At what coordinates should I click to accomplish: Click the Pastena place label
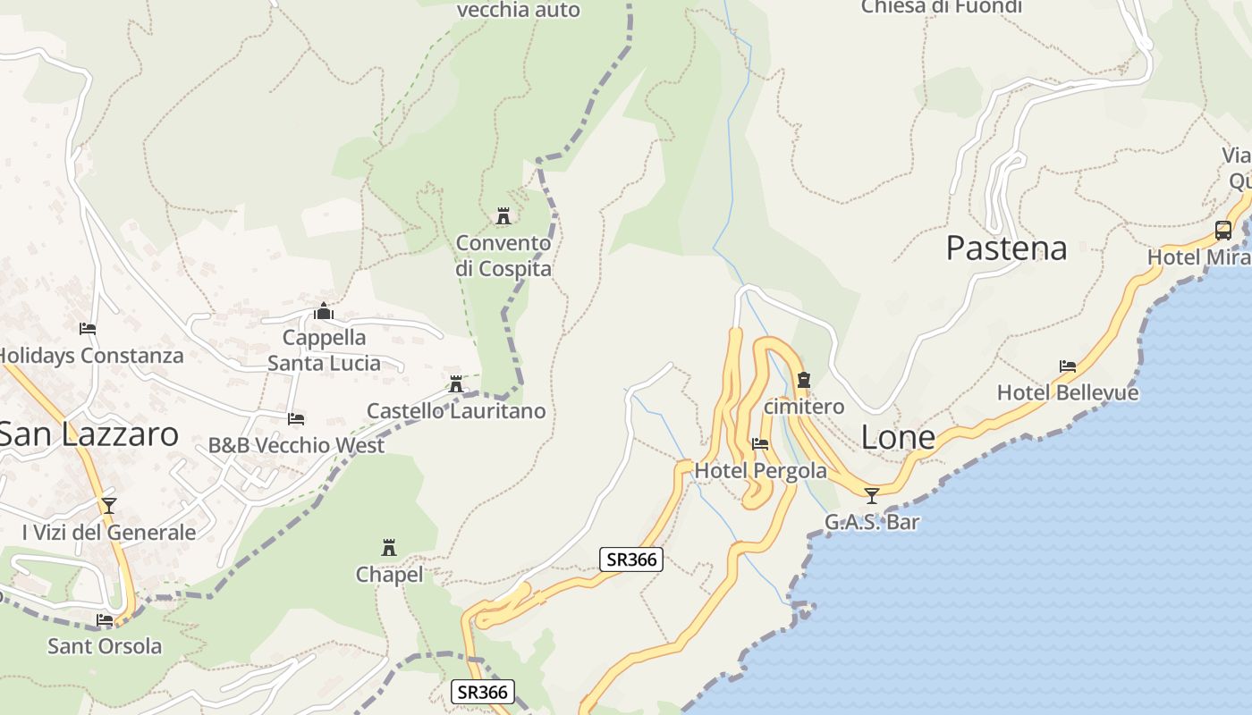click(x=1006, y=248)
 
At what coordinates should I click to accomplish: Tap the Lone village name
click(x=898, y=437)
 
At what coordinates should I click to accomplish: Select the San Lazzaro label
click(x=89, y=434)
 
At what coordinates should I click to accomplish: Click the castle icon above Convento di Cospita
click(x=503, y=216)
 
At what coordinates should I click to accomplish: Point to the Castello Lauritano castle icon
click(x=456, y=384)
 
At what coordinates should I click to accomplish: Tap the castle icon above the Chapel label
click(x=389, y=547)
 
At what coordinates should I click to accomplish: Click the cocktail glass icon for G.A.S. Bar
click(x=872, y=495)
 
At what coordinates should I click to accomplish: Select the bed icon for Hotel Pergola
click(x=760, y=443)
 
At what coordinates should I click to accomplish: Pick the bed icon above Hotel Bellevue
click(x=1067, y=366)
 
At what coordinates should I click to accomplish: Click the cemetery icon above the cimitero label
click(x=803, y=380)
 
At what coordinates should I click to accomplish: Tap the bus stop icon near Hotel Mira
click(x=1223, y=230)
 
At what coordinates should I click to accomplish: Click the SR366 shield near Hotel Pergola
click(x=631, y=559)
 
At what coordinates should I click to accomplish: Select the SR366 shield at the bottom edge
click(x=483, y=691)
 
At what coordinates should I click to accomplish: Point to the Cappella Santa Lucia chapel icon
click(x=324, y=311)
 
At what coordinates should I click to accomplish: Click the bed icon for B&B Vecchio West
click(x=296, y=418)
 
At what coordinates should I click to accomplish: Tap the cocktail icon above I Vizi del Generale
click(x=109, y=506)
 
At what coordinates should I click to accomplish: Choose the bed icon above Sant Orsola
click(x=105, y=619)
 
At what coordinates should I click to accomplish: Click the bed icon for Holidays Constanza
click(x=88, y=329)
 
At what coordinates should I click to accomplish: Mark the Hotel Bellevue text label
click(x=1068, y=392)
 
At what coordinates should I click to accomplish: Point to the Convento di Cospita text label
click(x=503, y=256)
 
